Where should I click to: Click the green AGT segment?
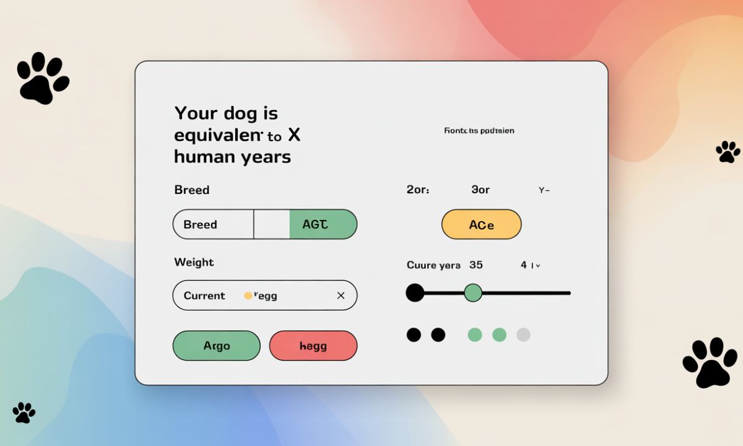[x=323, y=224]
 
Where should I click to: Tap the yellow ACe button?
[x=481, y=224]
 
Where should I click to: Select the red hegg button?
[x=313, y=346]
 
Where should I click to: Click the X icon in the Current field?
[x=341, y=295]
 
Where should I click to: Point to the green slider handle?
[x=473, y=292]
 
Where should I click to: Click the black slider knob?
[x=415, y=292]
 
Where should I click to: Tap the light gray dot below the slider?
[x=523, y=335]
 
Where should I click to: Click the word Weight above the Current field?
[x=194, y=262]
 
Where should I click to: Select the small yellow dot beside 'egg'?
[x=248, y=295]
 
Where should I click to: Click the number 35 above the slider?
[x=476, y=265]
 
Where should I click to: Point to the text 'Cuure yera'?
[x=433, y=265]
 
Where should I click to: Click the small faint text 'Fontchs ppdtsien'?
[x=479, y=131]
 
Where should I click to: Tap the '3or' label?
[x=480, y=190]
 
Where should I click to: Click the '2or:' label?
[x=418, y=190]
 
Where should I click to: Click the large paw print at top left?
[x=43, y=78]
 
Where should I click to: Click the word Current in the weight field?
[x=204, y=295]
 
